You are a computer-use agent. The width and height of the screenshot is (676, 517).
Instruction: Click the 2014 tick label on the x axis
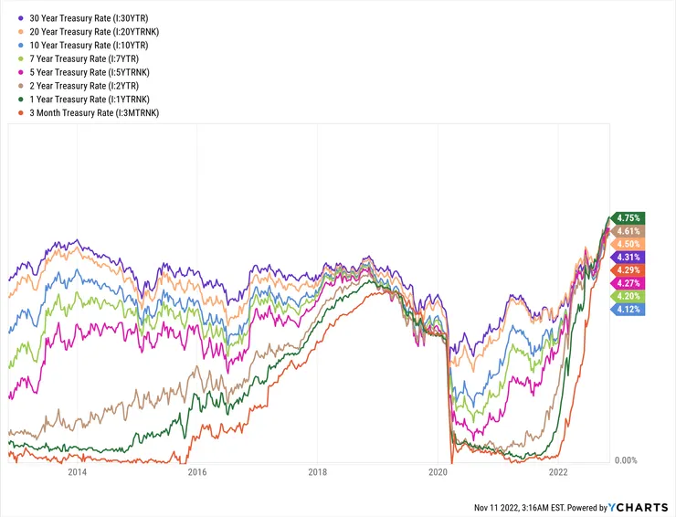77,473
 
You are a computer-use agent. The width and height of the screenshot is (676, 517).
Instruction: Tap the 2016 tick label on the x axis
197,473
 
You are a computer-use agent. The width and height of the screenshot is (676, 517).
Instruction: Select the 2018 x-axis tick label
318,473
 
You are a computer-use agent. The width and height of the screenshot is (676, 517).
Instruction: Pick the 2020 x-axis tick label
438,473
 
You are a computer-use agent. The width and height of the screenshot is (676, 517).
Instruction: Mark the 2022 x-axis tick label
559,473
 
